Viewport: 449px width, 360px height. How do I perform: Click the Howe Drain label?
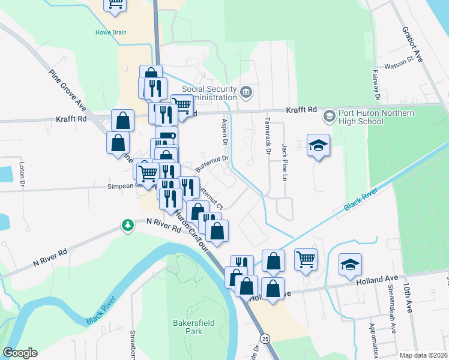coord(111,32)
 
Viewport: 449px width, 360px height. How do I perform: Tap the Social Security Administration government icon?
coord(246,92)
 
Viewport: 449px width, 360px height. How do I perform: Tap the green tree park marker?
coord(127,225)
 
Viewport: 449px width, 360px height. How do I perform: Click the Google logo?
coord(20,353)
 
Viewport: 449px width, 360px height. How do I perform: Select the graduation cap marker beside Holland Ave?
coord(350,265)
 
